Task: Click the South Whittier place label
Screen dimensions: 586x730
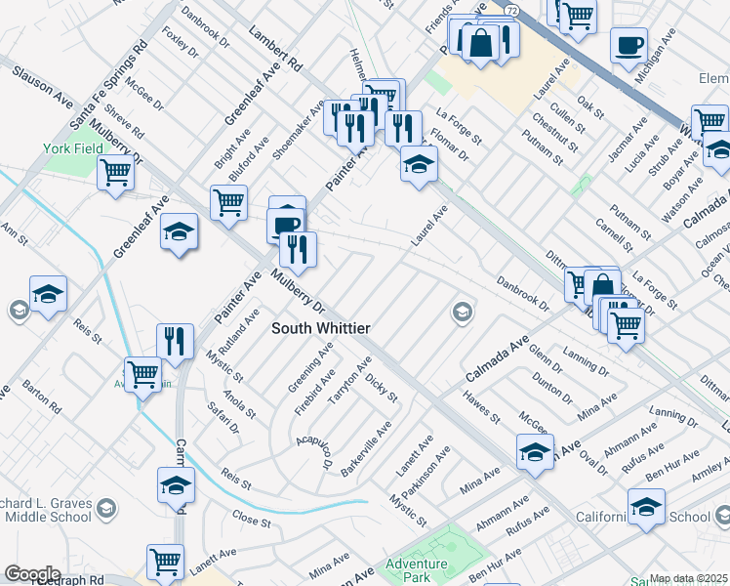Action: coord(320,329)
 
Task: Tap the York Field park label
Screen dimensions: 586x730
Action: coord(65,148)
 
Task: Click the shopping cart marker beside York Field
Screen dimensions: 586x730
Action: coord(116,173)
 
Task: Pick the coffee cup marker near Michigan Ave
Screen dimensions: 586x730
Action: coord(629,44)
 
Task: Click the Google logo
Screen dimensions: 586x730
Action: coord(32,574)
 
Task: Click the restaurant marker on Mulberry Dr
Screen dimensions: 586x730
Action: coord(298,249)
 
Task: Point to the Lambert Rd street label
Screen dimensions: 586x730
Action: coord(272,48)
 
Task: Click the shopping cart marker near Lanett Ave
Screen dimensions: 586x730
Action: coord(165,562)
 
